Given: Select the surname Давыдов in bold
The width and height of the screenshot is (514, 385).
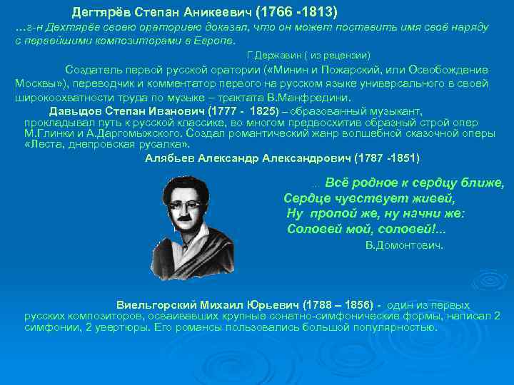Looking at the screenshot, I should coord(75,111).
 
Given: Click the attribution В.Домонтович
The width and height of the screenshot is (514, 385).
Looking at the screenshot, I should coord(404,245).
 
